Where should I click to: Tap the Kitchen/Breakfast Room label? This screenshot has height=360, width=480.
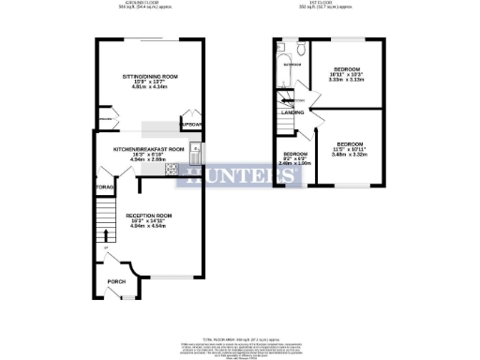click(x=146, y=149)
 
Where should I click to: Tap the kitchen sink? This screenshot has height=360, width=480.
click(x=194, y=148)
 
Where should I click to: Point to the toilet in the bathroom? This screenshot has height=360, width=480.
click(x=295, y=52)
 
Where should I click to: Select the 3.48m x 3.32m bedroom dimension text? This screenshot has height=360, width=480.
click(x=353, y=155)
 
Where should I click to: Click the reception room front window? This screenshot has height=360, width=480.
click(x=170, y=277)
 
